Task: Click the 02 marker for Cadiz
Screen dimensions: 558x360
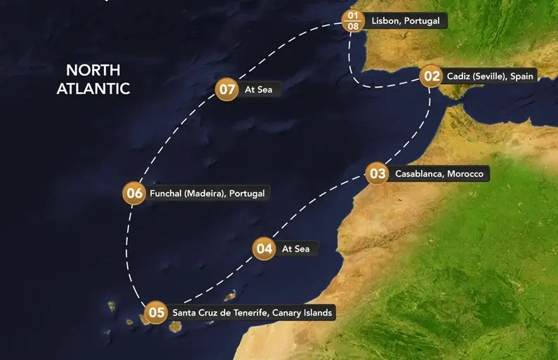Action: pos(432,76)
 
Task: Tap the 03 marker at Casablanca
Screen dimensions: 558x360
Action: pos(378,173)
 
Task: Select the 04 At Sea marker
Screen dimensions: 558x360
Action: pos(264,248)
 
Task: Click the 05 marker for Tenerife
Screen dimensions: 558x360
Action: pos(156,312)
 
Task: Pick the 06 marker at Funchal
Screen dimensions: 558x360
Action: pos(133,193)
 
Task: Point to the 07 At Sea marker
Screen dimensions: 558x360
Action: pos(226,90)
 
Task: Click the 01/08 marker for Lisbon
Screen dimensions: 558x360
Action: pos(353,21)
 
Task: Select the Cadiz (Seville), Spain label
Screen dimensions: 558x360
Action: pos(491,76)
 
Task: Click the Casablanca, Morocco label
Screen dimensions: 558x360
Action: pos(439,173)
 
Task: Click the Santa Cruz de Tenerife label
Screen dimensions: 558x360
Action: pos(252,312)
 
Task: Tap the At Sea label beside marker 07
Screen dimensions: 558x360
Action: pos(258,90)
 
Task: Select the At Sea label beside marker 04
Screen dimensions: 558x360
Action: pos(296,248)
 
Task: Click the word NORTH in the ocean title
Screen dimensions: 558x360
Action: pos(93,71)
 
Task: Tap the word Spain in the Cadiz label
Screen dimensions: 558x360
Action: pos(521,76)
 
